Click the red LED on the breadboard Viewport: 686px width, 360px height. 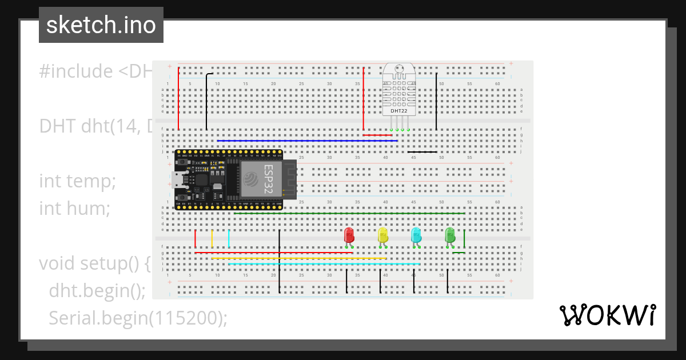point(349,235)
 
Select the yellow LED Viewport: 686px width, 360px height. point(382,235)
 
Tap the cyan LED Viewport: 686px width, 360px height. point(416,235)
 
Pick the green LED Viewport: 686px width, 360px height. point(450,235)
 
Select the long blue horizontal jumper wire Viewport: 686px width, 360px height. point(307,141)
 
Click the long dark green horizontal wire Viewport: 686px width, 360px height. point(349,213)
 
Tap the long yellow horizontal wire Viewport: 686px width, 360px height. point(298,258)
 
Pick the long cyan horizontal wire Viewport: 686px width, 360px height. point(324,264)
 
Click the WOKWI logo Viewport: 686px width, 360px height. point(607,315)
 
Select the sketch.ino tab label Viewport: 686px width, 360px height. point(101,25)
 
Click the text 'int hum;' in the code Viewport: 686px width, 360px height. point(74,209)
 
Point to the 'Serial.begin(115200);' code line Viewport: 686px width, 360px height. point(137,318)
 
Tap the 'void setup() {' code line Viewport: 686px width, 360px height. point(94,263)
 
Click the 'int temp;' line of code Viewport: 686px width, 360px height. point(78,181)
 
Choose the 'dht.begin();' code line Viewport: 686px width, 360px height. point(97,291)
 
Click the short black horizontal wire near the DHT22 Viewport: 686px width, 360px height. point(422,152)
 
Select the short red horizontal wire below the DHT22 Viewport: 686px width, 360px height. point(377,135)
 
